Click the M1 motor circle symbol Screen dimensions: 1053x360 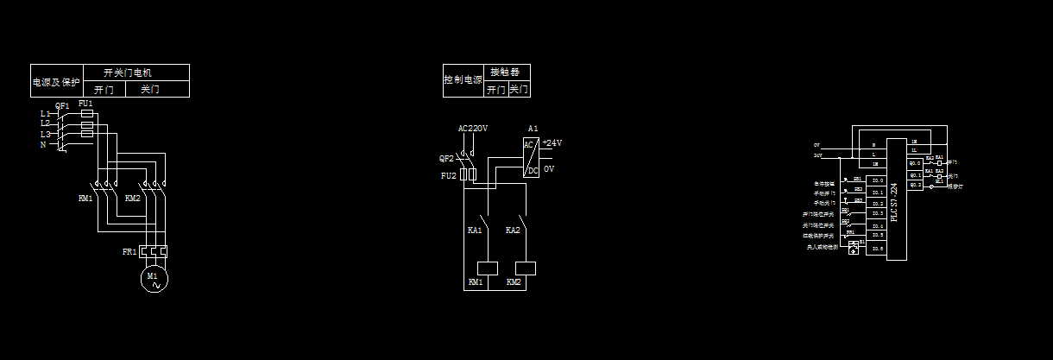click(154, 279)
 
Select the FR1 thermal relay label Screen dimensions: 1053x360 click(129, 252)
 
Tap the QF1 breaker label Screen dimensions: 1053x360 click(62, 106)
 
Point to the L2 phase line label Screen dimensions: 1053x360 click(45, 123)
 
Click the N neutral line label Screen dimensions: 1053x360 click(43, 144)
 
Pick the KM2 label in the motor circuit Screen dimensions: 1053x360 click(132, 199)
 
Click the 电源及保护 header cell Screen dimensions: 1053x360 click(57, 83)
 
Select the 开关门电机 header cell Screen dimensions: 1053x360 click(136, 73)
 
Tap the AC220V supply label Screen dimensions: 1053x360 click(472, 129)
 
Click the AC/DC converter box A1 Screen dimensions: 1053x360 click(531, 157)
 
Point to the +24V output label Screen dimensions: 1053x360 click(552, 143)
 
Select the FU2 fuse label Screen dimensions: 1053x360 click(448, 176)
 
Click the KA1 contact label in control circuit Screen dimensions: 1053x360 click(475, 231)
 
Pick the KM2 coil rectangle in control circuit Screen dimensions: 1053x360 click(526, 268)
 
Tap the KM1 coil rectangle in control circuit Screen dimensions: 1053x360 click(489, 268)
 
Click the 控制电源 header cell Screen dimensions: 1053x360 click(463, 79)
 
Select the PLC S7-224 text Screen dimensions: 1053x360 click(894, 201)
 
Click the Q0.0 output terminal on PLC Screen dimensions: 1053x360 click(915, 162)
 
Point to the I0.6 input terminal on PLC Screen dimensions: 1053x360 click(877, 249)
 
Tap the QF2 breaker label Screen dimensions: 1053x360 click(446, 159)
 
